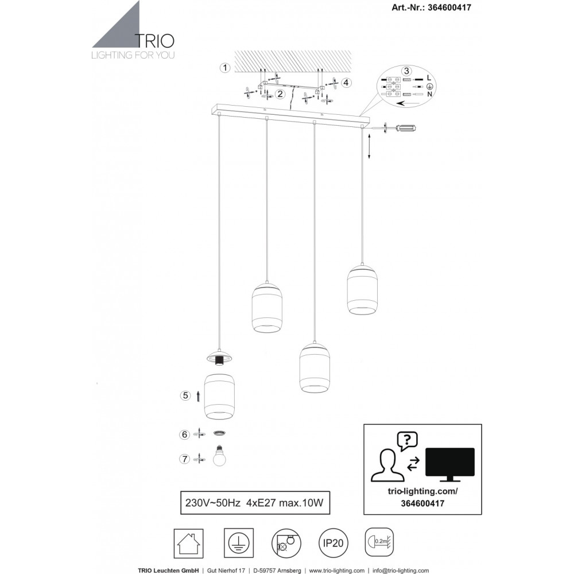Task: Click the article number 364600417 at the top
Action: click(449, 7)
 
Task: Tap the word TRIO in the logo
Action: click(155, 41)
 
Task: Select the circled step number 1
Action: click(225, 68)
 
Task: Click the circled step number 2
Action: click(280, 94)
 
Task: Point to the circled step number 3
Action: click(406, 71)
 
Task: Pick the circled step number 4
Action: click(346, 82)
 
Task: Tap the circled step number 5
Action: click(185, 395)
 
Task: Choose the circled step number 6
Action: click(184, 435)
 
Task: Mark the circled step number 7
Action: click(184, 459)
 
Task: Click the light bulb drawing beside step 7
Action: click(219, 456)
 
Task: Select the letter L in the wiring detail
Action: click(429, 77)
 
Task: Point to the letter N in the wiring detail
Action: click(429, 94)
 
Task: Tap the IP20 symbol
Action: click(333, 543)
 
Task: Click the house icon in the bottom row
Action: click(188, 543)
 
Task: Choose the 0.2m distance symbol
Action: click(379, 542)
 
